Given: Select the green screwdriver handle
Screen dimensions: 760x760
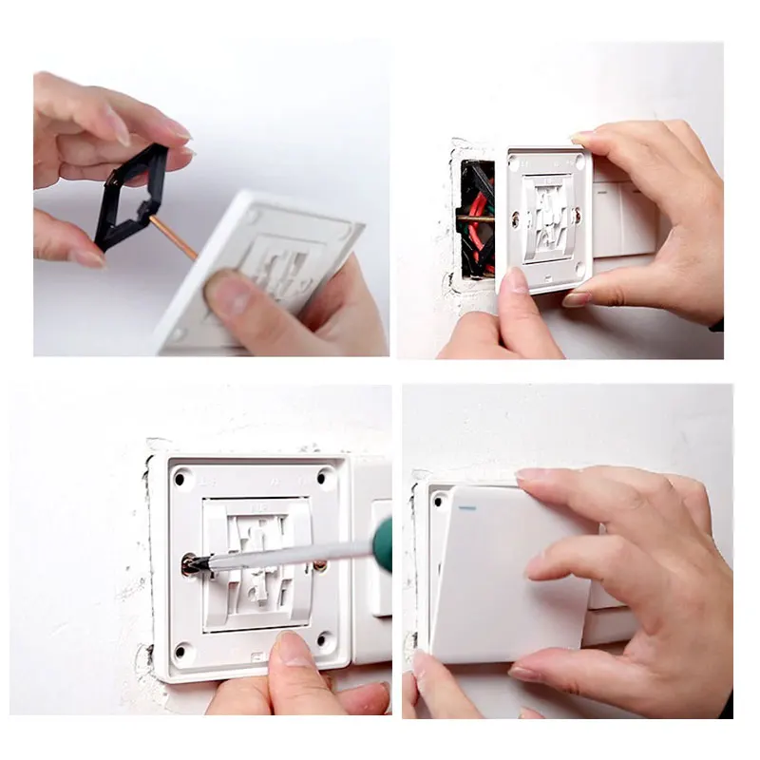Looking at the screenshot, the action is [383, 543].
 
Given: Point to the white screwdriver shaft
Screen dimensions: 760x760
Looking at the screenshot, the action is [285, 555].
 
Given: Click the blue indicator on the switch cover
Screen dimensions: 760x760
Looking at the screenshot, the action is [465, 507].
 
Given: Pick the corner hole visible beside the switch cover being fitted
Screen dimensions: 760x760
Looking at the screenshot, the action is [439, 502].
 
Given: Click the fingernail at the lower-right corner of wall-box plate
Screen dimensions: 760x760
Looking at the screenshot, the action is [577, 299].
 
